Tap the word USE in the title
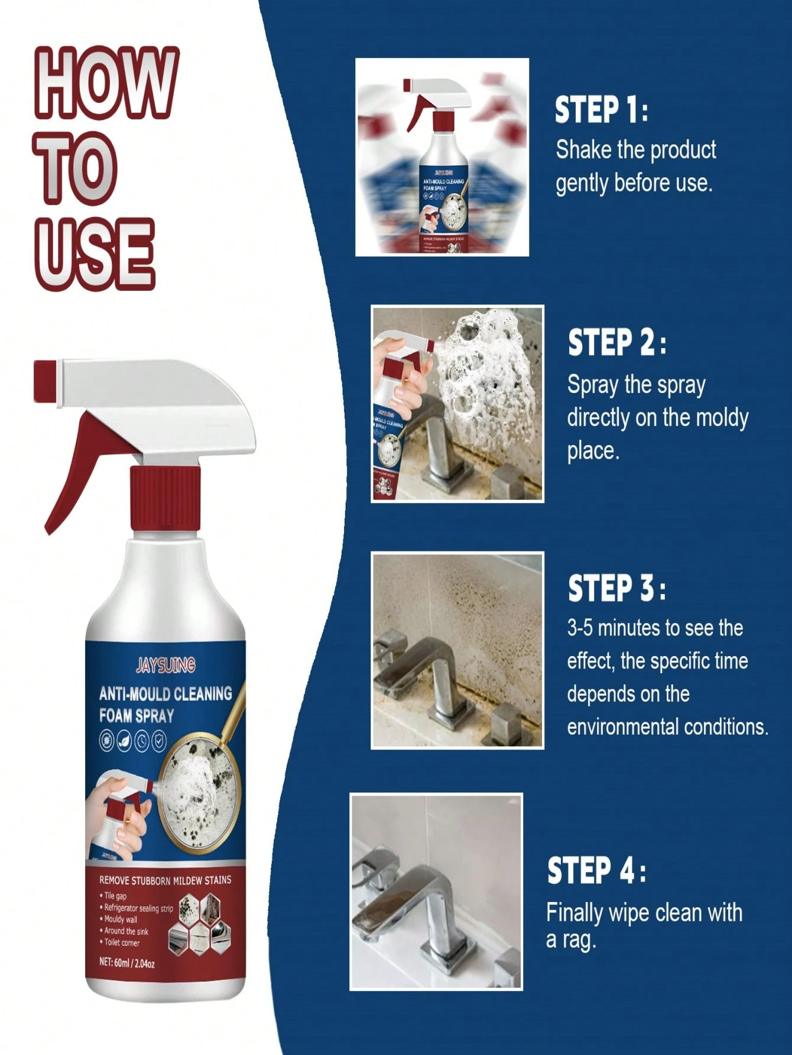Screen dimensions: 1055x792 [95, 254]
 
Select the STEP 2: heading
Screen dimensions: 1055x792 [616, 343]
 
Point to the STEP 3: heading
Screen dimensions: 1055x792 [616, 589]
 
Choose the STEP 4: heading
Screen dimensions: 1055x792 [596, 871]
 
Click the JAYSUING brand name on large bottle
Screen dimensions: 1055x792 [165, 666]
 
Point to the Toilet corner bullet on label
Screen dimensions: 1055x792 [122, 942]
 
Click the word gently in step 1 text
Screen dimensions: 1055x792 [582, 184]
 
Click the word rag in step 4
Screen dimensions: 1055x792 [580, 940]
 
